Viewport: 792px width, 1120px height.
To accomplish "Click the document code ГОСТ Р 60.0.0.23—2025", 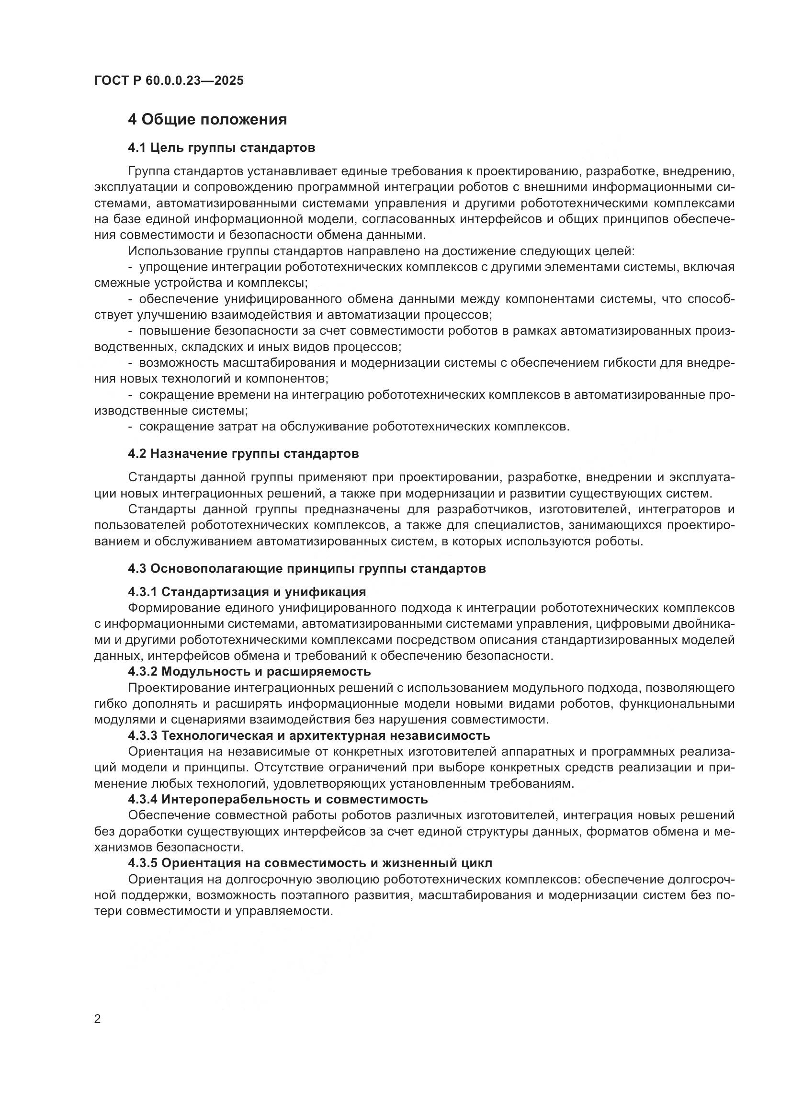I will point(169,81).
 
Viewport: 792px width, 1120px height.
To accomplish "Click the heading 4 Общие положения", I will point(207,120).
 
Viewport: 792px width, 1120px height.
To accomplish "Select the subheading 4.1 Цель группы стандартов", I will point(221,148).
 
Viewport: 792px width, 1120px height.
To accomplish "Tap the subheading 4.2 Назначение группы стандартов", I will point(243,453).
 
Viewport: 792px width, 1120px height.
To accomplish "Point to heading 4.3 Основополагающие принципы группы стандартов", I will point(307,569).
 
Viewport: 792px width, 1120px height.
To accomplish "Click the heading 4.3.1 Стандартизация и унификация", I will point(247,592).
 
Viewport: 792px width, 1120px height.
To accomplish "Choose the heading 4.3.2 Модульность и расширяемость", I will point(249,672).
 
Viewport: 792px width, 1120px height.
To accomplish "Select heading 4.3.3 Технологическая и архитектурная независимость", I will point(309,735).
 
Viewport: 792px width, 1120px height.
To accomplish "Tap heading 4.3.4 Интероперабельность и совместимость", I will point(278,800).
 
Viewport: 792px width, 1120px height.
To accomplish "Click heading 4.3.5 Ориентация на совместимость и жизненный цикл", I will point(310,863).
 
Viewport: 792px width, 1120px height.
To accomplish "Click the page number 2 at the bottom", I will point(98,1019).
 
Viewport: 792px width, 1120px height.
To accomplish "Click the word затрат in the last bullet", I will point(229,427).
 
